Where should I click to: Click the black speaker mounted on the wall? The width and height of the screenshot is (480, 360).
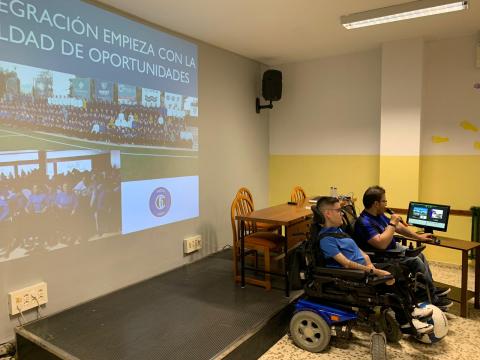271,85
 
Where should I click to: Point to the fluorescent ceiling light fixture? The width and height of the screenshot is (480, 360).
403,13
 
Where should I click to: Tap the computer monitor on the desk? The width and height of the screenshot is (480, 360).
428,216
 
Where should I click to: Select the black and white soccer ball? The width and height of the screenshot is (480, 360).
429,323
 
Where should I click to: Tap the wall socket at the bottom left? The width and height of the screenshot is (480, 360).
28,297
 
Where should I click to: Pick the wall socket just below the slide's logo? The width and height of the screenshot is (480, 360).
192,244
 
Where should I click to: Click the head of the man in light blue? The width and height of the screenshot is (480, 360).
328,212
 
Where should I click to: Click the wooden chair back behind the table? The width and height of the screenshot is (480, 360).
298,195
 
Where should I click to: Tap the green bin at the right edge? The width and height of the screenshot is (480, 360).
475,224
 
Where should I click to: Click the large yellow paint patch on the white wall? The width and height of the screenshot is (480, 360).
468,126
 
